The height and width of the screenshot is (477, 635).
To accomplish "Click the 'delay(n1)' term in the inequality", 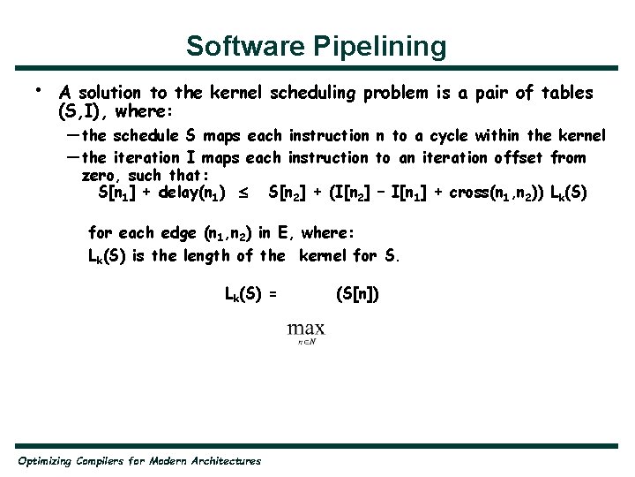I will point(193,193).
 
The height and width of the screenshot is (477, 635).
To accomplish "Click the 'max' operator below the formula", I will point(306,329).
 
